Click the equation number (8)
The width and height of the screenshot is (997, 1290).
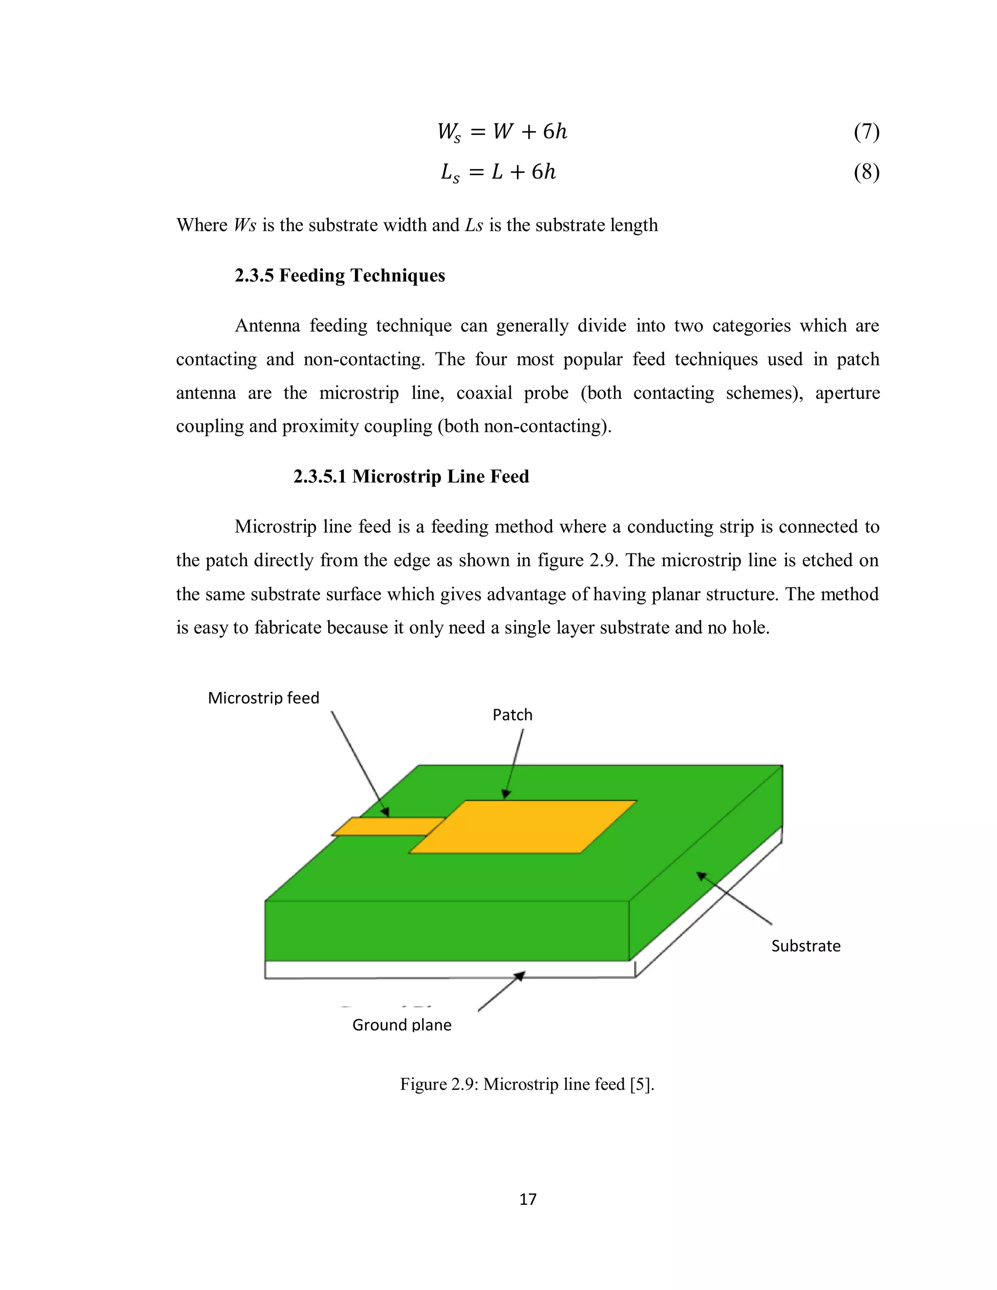866,172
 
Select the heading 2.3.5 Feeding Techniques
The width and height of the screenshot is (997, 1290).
340,275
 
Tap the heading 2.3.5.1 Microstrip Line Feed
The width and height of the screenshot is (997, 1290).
411,476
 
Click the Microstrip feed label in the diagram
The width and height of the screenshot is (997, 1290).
263,698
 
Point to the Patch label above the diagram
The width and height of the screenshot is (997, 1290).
512,715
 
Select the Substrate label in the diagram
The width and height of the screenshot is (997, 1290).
806,946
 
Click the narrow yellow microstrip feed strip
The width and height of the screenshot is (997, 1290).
387,826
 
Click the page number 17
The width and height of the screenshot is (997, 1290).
527,1199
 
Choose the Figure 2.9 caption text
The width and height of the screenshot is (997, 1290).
527,1084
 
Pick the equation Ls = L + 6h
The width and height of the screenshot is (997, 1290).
498,172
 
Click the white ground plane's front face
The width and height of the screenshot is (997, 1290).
449,969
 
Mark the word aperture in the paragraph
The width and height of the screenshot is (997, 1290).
847,393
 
